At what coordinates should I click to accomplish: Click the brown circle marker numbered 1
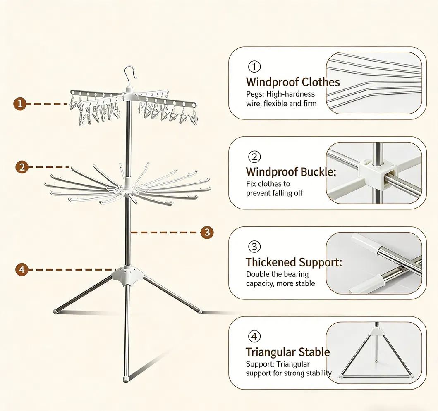point(19,104)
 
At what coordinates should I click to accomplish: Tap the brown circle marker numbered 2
point(22,167)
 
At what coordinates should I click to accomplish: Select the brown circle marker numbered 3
point(207,232)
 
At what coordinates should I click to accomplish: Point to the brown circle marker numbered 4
point(22,270)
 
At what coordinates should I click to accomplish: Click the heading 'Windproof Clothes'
point(293,82)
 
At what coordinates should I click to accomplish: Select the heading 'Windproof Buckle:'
point(291,172)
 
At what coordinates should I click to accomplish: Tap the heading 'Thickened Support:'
point(294,262)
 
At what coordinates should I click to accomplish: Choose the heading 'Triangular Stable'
point(288,352)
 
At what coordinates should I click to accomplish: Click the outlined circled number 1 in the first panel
point(254,67)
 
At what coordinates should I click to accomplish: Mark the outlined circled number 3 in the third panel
point(254,247)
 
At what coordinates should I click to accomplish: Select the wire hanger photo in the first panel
point(374,83)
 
